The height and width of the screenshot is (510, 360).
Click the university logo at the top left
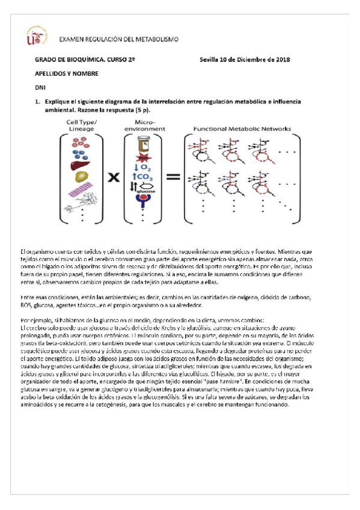coord(36,35)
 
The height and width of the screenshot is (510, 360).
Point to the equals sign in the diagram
coord(173,178)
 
